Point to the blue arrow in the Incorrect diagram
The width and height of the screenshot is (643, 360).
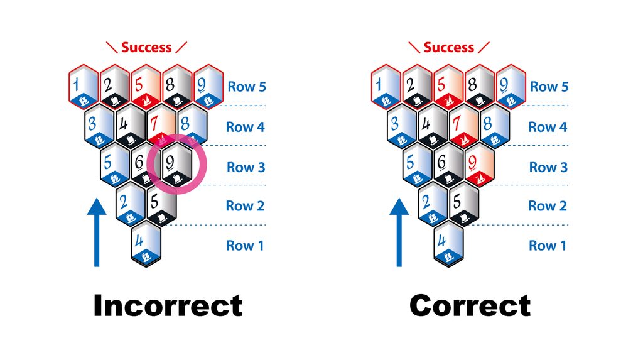(x=97, y=232)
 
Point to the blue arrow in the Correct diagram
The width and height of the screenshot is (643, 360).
(x=399, y=232)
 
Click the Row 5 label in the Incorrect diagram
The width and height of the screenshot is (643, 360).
(x=246, y=87)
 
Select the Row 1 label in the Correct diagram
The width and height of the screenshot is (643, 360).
(x=548, y=246)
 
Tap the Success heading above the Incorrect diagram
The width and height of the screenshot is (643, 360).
(x=146, y=47)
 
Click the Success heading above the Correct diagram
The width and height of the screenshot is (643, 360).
(x=448, y=47)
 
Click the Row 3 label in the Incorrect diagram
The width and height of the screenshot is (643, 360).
(x=246, y=167)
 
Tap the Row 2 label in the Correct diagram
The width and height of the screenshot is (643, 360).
(x=548, y=205)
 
